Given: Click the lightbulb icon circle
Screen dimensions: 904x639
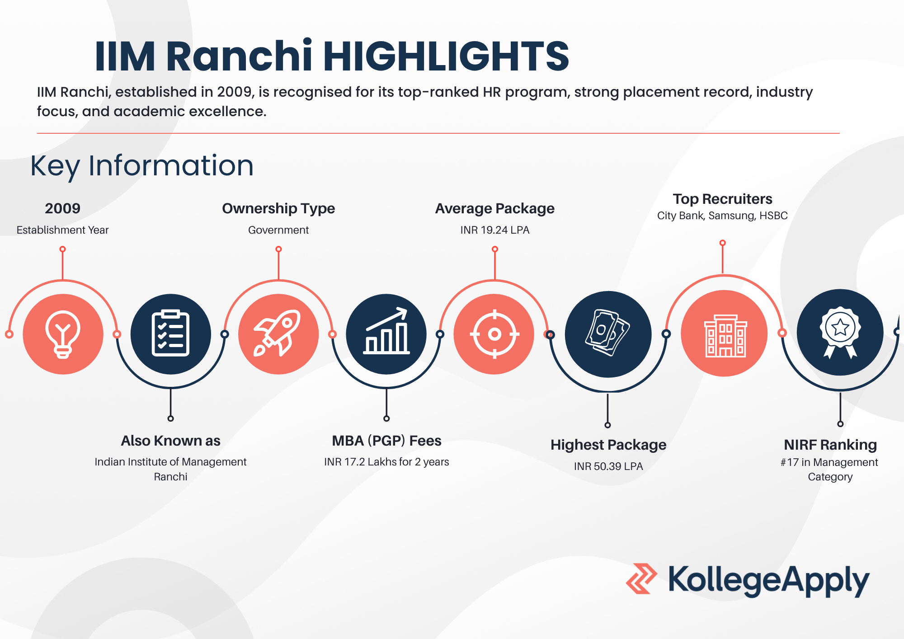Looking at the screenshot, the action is (x=63, y=334).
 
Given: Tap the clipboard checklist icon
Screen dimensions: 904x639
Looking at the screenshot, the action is (x=170, y=334).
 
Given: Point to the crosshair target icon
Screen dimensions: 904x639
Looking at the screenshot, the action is (x=494, y=334).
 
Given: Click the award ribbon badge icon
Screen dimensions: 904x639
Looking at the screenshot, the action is (x=840, y=332).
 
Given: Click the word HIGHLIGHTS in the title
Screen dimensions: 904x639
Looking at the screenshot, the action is (x=446, y=56).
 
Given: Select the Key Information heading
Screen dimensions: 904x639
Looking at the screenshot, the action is (x=142, y=166).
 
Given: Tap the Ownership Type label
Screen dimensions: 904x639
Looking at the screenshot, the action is (x=278, y=208).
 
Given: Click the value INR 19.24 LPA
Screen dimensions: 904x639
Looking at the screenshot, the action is (x=495, y=230).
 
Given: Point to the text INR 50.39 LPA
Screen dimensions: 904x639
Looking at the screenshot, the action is (x=608, y=466).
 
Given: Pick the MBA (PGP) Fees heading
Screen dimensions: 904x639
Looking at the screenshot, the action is (x=386, y=441).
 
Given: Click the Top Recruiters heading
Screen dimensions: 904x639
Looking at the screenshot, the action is (x=722, y=199).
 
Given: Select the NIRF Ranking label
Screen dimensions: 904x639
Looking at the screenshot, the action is (x=830, y=445).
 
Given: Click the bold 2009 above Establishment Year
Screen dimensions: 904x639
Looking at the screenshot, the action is (x=62, y=208).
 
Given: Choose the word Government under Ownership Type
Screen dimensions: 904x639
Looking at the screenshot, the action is (x=278, y=230).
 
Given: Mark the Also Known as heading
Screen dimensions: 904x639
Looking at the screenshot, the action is (x=170, y=441).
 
